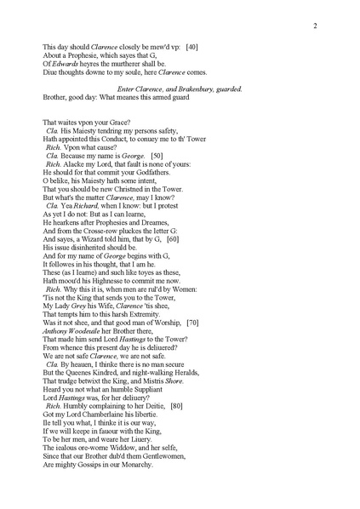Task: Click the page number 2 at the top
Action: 315,26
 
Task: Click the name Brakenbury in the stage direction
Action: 197,89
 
